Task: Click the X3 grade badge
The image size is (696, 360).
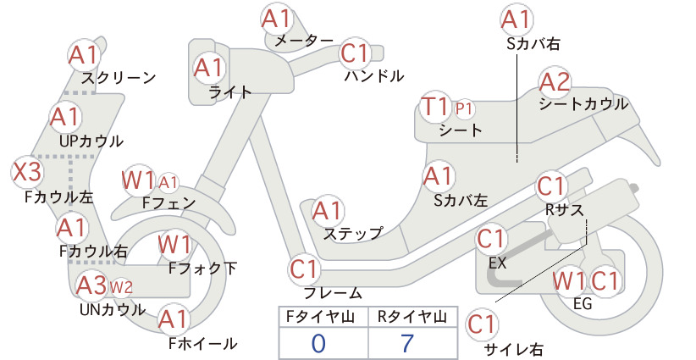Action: click(x=27, y=172)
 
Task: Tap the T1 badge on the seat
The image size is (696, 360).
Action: click(x=436, y=108)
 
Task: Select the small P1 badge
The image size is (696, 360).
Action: click(x=464, y=108)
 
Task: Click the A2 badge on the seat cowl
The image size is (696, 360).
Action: click(x=555, y=82)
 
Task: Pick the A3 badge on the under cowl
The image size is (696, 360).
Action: click(x=92, y=285)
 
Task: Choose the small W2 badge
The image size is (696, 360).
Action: click(x=121, y=287)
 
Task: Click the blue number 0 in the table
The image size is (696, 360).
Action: click(x=318, y=344)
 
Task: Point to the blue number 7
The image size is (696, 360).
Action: click(x=407, y=343)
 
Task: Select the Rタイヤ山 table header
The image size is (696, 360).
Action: click(x=412, y=317)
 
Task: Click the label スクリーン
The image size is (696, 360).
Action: click(x=119, y=78)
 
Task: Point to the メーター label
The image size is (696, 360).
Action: click(x=304, y=41)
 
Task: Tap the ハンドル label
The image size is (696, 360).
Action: click(x=374, y=76)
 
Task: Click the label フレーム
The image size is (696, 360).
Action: click(x=333, y=293)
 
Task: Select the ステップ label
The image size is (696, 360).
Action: click(x=353, y=233)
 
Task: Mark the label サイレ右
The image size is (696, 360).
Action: click(x=514, y=349)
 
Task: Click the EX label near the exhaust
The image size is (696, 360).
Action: click(x=498, y=263)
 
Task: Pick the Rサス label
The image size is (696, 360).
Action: click(x=564, y=210)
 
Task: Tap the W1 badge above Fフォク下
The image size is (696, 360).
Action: click(x=175, y=245)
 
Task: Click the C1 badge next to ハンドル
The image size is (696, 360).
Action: click(x=356, y=53)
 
